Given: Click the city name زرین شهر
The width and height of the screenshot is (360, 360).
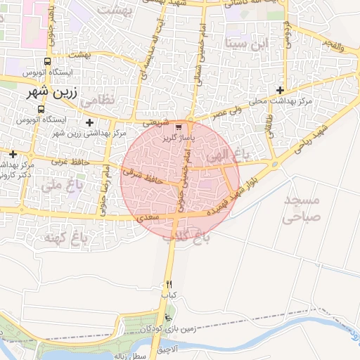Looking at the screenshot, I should pos(53,92).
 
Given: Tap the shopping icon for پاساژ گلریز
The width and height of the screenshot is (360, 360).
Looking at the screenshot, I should pos(179,127).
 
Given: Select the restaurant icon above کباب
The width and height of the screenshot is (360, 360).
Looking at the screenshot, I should pos(169,285).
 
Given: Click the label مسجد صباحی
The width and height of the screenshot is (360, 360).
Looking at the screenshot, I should pos(300,210).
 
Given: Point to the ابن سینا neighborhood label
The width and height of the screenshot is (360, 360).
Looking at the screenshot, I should pos(247,43).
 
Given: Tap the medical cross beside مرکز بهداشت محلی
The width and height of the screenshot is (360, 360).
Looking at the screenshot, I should pos(281,90).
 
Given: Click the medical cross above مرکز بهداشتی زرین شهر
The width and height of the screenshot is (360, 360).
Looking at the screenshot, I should pos(89,123).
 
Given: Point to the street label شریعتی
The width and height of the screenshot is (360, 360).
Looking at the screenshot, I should pos(156,121).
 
